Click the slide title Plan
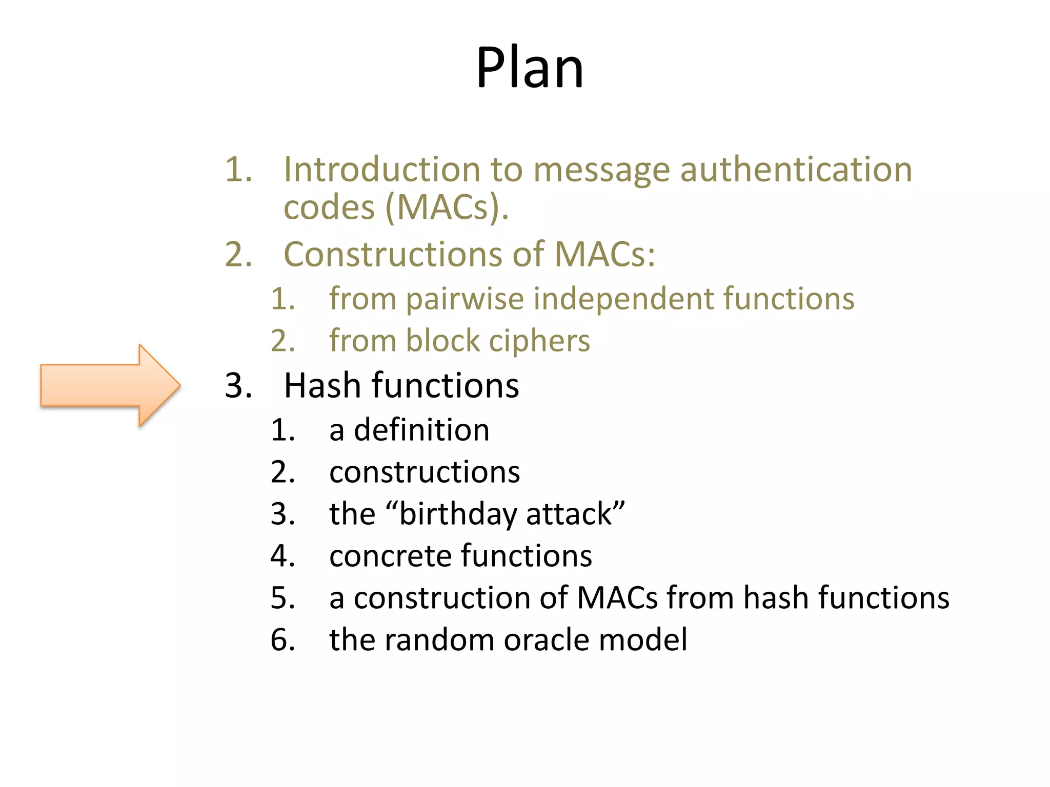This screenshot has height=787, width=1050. [x=530, y=68]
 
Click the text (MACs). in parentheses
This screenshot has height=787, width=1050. [x=447, y=208]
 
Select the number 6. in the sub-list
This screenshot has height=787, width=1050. [x=283, y=640]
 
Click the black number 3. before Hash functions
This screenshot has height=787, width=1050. [x=238, y=385]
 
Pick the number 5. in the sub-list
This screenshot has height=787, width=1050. [x=283, y=598]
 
